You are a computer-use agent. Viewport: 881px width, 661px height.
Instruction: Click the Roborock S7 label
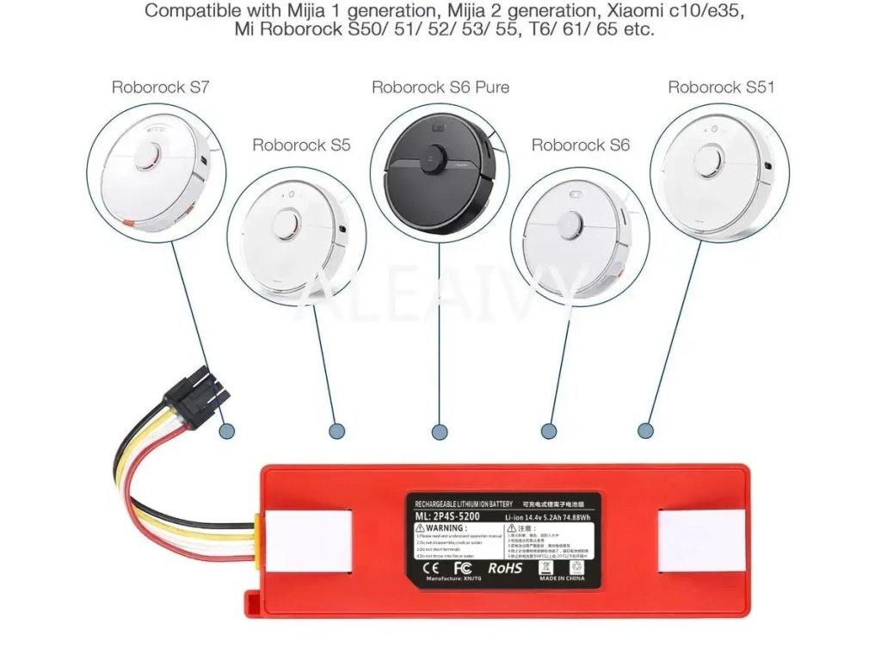click(161, 87)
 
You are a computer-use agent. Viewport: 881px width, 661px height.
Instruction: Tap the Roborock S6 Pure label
click(440, 87)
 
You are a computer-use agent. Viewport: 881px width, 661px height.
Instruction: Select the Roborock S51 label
click(721, 87)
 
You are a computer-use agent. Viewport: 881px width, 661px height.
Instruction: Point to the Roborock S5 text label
click(301, 145)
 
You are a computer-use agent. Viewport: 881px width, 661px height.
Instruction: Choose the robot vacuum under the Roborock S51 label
click(721, 172)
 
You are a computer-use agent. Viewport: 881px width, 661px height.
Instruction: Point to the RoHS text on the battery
click(505, 568)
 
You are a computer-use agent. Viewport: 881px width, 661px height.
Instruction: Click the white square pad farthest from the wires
click(700, 540)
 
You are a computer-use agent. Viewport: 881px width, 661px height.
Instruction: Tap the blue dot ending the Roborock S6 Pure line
click(440, 431)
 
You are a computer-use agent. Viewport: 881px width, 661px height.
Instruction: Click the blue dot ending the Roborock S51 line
click(645, 429)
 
